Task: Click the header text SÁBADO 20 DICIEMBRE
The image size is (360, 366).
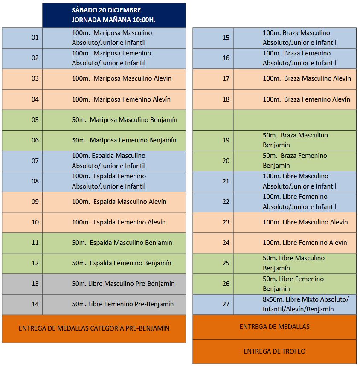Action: pos(106,10)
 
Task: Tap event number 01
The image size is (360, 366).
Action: pos(35,38)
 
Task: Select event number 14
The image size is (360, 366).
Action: pos(35,304)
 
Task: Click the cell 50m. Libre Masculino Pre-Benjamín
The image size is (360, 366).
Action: pos(123,284)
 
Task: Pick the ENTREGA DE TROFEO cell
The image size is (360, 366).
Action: pos(274,351)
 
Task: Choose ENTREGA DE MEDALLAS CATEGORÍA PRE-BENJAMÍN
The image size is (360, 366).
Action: pos(94,328)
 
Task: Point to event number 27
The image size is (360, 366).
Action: pos(226,304)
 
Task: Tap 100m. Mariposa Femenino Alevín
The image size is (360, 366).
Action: pos(121,99)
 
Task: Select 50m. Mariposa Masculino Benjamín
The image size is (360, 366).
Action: pos(124,120)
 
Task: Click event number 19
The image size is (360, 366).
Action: pos(226,140)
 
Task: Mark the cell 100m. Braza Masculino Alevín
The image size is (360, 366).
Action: pos(307,78)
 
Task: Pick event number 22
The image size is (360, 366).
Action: pos(226,202)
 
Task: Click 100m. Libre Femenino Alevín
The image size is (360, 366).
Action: pos(305,243)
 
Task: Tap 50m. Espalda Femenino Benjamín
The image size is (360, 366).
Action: pos(122,263)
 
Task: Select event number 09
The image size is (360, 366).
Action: pos(35,202)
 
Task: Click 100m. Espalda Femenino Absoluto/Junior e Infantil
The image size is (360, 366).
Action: pos(109,181)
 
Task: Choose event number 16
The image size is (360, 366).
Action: pos(226,58)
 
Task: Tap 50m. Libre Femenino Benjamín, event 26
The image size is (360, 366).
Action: pos(293,284)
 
